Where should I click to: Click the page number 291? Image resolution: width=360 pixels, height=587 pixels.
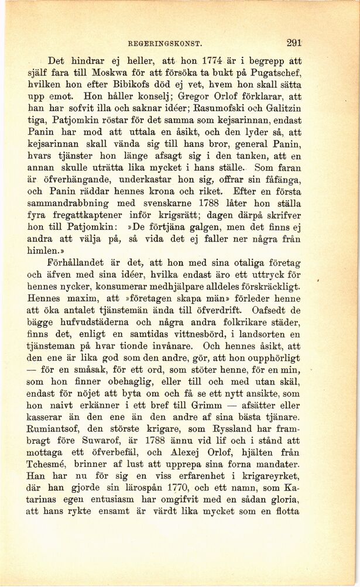point(294,42)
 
